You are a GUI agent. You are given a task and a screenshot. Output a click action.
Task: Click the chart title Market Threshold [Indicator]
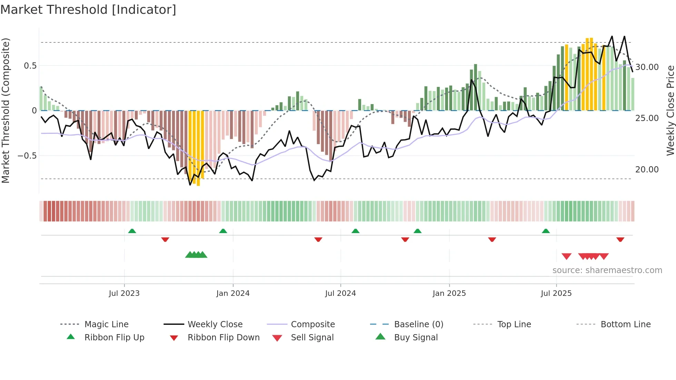point(88,10)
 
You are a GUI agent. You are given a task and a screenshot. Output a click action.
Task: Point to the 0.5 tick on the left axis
point(30,66)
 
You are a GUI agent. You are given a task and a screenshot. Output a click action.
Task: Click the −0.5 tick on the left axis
point(27,156)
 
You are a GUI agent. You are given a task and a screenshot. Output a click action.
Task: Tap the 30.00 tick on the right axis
point(647,67)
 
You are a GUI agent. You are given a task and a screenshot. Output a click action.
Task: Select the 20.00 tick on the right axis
point(647,170)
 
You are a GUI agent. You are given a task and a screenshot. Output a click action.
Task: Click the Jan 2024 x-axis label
point(233,293)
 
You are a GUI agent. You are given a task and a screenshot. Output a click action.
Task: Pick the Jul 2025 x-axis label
point(556,293)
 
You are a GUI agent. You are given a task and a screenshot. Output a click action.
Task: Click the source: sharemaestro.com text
point(607,270)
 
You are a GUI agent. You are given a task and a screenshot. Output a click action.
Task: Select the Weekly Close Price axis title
point(670,110)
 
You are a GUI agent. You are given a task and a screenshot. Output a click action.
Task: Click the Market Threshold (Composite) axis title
point(6,110)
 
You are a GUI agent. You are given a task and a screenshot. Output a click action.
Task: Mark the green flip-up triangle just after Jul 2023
point(132,231)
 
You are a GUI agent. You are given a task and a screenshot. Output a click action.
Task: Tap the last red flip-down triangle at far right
point(620,239)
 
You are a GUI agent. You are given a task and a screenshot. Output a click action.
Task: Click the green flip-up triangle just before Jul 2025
point(546,231)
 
